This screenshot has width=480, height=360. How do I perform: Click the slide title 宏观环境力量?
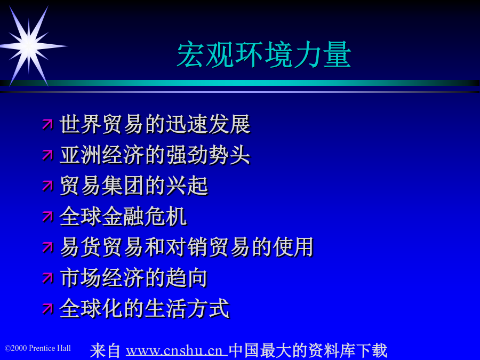point(264,55)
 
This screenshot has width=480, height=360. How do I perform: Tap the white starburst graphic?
point(29,46)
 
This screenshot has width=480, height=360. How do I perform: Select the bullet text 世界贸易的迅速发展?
point(155,124)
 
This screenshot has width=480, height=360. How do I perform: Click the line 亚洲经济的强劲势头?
point(155,155)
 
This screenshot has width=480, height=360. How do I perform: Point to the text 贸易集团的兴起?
point(134,186)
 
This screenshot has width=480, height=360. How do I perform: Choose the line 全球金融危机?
point(123,217)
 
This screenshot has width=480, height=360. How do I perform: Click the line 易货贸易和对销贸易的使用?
point(187,247)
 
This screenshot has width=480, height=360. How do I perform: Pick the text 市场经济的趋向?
point(134,278)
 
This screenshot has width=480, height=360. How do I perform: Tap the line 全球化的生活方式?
point(145,309)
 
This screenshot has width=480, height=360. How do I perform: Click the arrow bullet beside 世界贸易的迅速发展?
point(47,124)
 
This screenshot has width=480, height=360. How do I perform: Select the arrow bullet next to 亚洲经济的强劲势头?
point(47,155)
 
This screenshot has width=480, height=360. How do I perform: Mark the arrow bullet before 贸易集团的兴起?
point(47,186)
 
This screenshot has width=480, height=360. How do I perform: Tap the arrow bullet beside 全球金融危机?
point(47,217)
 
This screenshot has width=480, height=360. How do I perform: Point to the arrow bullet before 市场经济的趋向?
point(47,278)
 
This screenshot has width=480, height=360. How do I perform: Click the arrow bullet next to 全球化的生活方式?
point(47,309)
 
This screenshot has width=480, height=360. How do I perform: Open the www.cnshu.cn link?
point(177,351)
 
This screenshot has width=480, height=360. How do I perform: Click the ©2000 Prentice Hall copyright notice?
point(38,348)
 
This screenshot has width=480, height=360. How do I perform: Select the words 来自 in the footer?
point(105,351)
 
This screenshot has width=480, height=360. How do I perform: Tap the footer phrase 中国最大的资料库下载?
point(308,351)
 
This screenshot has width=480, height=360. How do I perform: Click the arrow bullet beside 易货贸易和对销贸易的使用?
point(47,247)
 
